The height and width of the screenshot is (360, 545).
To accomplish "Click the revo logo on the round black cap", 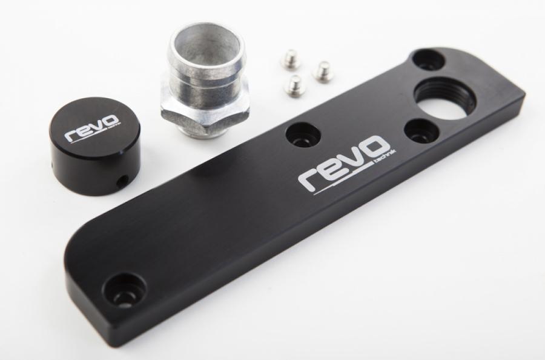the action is pos(93,127).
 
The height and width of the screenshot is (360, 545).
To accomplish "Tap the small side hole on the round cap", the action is pos(122,181).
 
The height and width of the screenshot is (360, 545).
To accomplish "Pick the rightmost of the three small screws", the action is pos(322,72).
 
